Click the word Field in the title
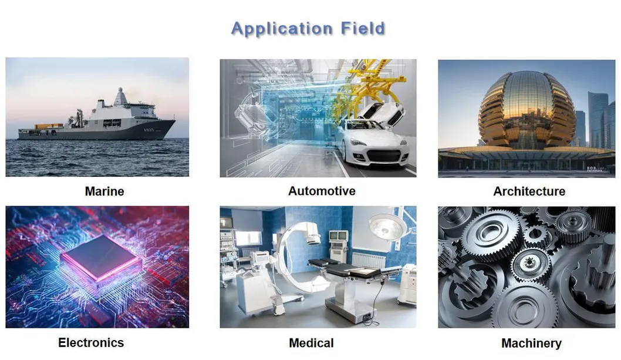(x=363, y=28)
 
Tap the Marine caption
(x=104, y=191)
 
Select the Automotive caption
(x=322, y=191)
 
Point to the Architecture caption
(x=529, y=191)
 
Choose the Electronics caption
(x=91, y=342)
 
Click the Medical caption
(x=311, y=343)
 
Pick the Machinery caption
(x=531, y=344)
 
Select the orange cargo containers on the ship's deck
(x=49, y=126)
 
